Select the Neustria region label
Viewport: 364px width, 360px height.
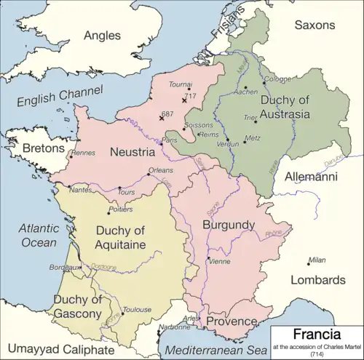[x=132, y=152]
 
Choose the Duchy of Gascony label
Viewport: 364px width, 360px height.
[x=76, y=307]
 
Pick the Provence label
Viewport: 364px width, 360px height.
[x=231, y=321]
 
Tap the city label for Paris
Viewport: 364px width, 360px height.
[x=170, y=140]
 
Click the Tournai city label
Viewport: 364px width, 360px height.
[x=180, y=85]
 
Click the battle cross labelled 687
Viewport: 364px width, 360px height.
[x=162, y=118]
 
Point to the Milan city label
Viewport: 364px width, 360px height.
[x=317, y=260]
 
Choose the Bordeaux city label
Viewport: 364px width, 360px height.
[x=64, y=267]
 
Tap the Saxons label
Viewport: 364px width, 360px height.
[x=314, y=25]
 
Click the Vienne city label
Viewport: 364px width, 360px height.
[x=219, y=261]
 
